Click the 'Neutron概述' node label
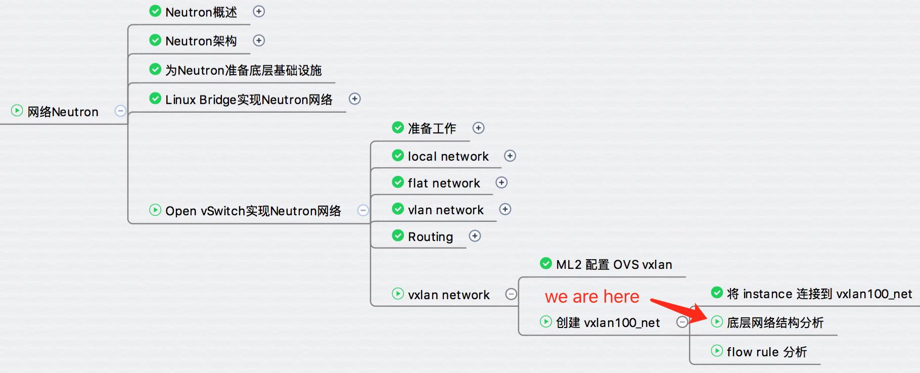[201, 12]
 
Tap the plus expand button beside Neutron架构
[259, 40]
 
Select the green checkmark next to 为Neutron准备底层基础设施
[155, 69]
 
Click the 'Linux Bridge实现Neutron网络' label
[249, 100]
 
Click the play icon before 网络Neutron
[17, 110]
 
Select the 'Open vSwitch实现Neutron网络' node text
[253, 211]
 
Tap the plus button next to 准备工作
[478, 128]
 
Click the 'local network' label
[448, 157]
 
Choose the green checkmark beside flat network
[398, 182]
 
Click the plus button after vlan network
[505, 209]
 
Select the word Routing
[430, 237]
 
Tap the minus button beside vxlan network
[511, 294]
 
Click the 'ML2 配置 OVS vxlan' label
[614, 264]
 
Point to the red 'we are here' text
[592, 297]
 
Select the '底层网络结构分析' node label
[775, 322]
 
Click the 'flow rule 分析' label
[766, 352]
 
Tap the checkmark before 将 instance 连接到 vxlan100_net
[717, 292]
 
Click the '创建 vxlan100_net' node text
[608, 322]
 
